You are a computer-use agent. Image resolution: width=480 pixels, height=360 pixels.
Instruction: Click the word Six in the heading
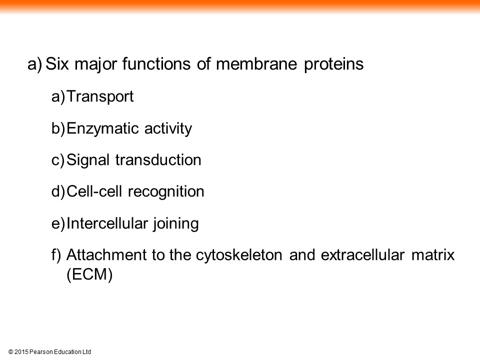[x=57, y=64]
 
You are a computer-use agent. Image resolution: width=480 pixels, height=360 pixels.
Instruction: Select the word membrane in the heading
[x=256, y=64]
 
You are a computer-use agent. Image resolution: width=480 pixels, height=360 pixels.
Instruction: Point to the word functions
[x=156, y=64]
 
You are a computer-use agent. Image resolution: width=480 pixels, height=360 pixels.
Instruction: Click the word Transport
[x=100, y=96]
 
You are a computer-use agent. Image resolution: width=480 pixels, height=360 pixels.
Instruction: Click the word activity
[x=168, y=128]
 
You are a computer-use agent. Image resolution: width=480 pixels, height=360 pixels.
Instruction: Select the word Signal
[x=88, y=160]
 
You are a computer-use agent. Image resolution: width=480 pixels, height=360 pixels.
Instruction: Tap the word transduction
[x=158, y=160]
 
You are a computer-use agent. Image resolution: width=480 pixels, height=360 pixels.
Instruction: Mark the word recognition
[x=166, y=192]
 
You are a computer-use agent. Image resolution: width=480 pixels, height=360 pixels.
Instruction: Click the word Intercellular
[x=106, y=223]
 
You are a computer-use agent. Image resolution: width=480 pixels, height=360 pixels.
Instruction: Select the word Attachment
[x=106, y=255]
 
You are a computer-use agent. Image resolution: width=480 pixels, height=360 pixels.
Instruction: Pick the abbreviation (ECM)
[x=89, y=274]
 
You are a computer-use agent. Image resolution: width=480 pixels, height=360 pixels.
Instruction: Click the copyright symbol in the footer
[x=10, y=352]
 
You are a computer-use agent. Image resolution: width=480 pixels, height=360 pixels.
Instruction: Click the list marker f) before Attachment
[x=56, y=255]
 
